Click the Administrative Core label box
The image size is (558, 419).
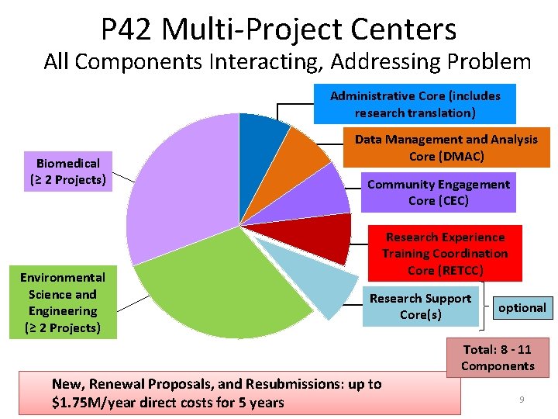pos(415,105)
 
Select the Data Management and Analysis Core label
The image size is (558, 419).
pos(446,147)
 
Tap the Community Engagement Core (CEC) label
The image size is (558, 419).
pos(439,192)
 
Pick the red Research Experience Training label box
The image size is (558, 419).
pos(445,254)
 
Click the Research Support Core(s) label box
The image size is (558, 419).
pos(420,306)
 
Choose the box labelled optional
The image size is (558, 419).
pos(522,307)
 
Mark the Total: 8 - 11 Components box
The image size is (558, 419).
pos(498,358)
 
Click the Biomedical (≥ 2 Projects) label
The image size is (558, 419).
pos(68,171)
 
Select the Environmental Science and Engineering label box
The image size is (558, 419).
pos(63,303)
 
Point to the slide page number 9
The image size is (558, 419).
pos(522,399)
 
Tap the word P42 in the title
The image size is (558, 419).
pos(129,29)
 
